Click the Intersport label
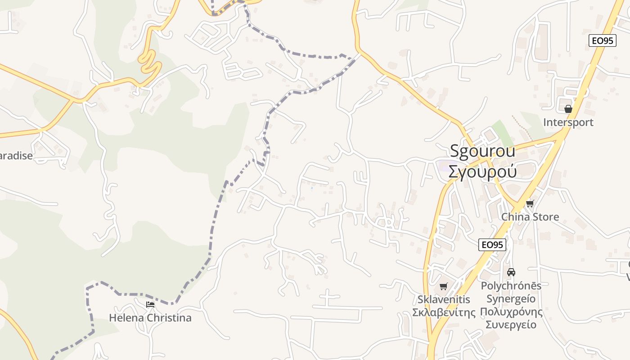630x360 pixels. point(568,122)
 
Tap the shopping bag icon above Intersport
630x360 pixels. point(568,109)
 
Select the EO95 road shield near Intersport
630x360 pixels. point(602,40)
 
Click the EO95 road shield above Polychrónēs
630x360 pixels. point(492,245)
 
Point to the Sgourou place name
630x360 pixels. point(482,151)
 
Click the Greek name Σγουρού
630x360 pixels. point(482,171)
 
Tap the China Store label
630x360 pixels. point(530,217)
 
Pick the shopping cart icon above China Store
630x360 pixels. point(530,203)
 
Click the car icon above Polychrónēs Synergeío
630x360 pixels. point(511,272)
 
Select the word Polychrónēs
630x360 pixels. point(511,286)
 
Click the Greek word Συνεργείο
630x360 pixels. point(511,324)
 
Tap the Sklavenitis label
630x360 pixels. point(444,300)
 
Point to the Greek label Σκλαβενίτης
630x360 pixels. point(444,312)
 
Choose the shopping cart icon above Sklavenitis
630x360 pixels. point(444,286)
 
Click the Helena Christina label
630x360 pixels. point(150,318)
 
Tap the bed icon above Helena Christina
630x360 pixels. point(150,305)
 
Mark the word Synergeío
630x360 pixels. point(511,299)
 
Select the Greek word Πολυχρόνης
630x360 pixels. point(511,312)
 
